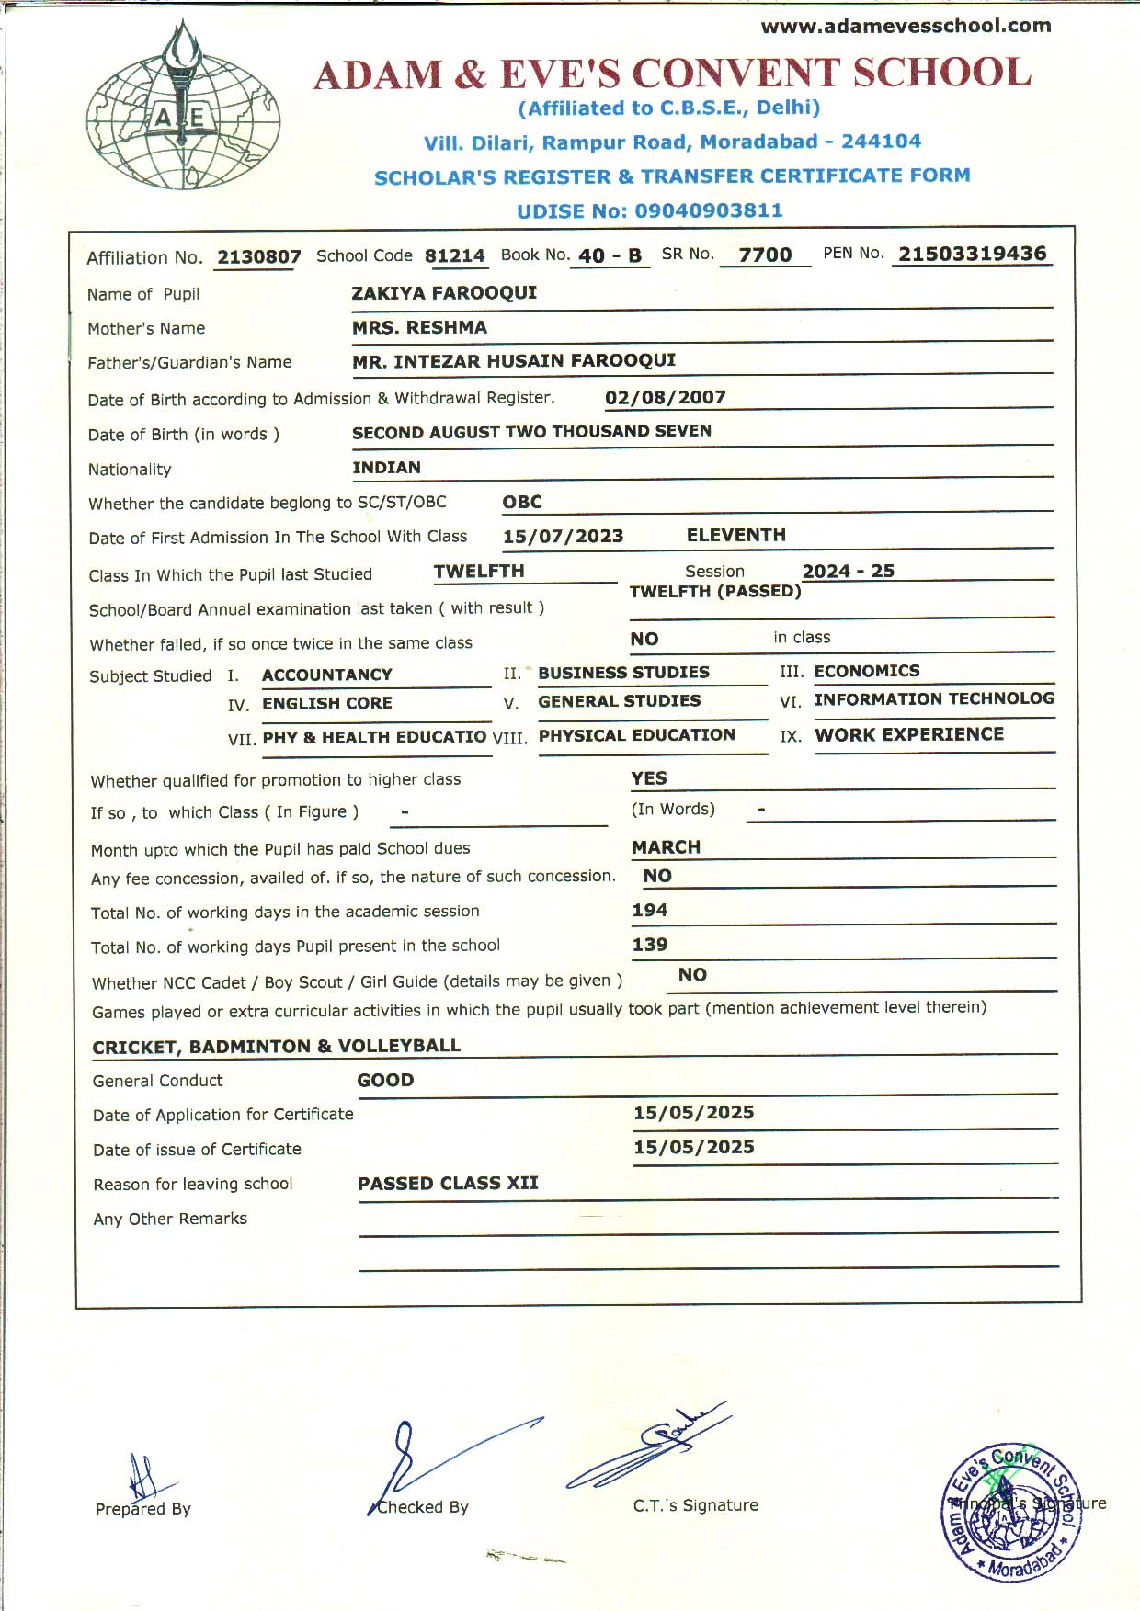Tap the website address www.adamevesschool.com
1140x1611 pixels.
point(906,26)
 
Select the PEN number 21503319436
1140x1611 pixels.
point(972,254)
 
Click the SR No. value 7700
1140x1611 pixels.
point(765,255)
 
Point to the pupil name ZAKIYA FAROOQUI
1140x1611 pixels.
point(444,293)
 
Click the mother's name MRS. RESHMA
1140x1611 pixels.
point(419,327)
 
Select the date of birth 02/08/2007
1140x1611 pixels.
point(665,397)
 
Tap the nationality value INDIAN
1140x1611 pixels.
point(386,467)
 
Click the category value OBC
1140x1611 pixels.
point(521,502)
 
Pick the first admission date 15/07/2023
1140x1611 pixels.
point(563,536)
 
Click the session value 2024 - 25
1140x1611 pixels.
point(848,571)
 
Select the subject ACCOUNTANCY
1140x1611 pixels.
point(326,675)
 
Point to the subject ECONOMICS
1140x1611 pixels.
point(866,671)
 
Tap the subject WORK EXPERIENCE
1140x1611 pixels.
point(908,734)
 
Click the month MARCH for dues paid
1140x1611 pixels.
point(666,846)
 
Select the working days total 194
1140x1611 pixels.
point(649,910)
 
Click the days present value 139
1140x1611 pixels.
point(649,944)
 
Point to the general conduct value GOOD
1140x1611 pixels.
point(385,1080)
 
